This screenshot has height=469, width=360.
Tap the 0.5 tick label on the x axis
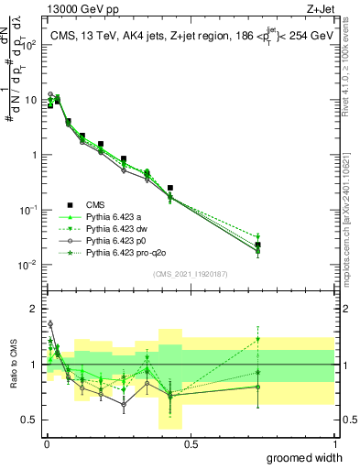[x=191, y=443]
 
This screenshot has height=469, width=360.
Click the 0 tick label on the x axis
[x=46, y=443]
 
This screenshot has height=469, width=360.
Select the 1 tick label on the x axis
[x=334, y=443]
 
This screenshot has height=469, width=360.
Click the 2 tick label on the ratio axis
[x=33, y=309]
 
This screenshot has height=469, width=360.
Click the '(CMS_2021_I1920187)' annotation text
[x=190, y=274]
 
